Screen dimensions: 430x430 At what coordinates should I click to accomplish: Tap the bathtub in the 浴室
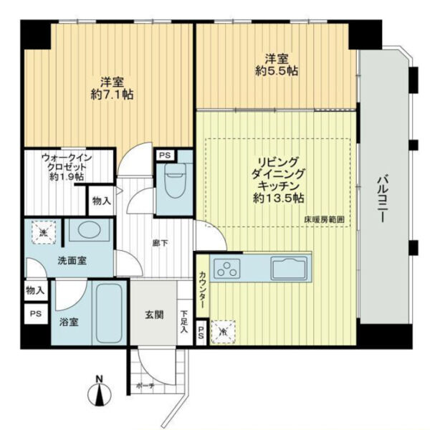pyautogui.click(x=109, y=312)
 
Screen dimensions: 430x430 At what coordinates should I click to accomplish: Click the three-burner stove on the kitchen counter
pyautogui.click(x=226, y=269)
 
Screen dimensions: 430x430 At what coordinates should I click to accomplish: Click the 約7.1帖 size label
pyautogui.click(x=113, y=95)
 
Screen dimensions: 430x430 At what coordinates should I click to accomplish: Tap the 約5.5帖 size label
pyautogui.click(x=277, y=71)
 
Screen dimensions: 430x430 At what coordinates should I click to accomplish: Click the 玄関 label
pyautogui.click(x=154, y=315)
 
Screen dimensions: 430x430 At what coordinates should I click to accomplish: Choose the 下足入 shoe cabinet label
pyautogui.click(x=183, y=322)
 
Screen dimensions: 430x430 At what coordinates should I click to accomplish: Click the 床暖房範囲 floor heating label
pyautogui.click(x=325, y=220)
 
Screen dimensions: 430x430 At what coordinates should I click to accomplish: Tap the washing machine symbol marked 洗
pyautogui.click(x=44, y=233)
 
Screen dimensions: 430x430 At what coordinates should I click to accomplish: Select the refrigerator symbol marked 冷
pyautogui.click(x=223, y=332)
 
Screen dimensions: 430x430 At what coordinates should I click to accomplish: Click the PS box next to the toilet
pyautogui.click(x=165, y=156)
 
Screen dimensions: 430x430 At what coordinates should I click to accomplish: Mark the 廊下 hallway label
pyautogui.click(x=160, y=243)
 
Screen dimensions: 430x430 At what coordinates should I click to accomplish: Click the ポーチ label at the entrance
pyautogui.click(x=145, y=386)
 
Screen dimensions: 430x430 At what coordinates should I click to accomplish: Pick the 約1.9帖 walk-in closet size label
pyautogui.click(x=67, y=177)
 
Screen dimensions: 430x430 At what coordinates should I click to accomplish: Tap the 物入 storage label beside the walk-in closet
pyautogui.click(x=102, y=201)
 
